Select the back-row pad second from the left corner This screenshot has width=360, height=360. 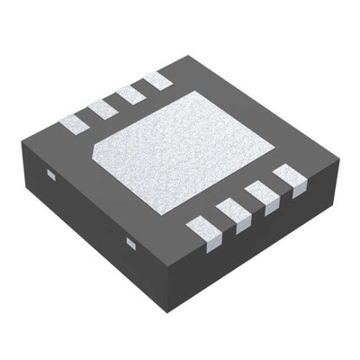(103, 105)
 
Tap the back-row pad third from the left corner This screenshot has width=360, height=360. (130, 94)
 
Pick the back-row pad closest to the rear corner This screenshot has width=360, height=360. (157, 81)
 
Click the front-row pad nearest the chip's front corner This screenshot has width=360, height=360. (203, 231)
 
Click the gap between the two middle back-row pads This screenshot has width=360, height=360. (117, 101)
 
